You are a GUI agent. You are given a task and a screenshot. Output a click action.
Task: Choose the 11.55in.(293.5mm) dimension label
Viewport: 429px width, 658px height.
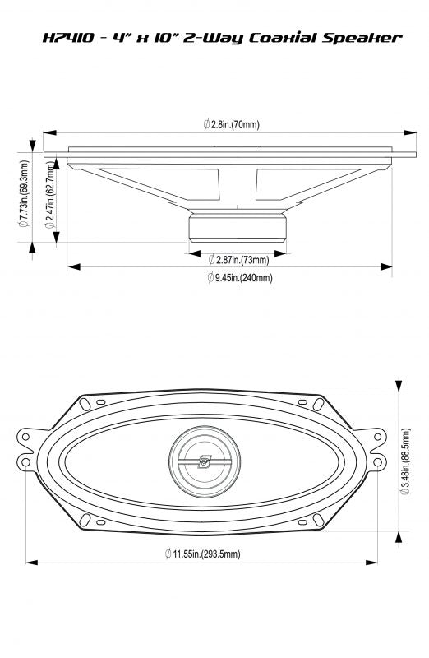click(x=201, y=554)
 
